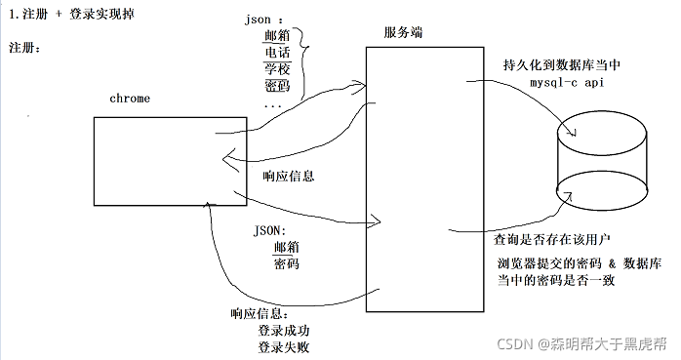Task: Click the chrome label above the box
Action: [x=129, y=99]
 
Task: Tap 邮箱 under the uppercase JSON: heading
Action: [x=286, y=248]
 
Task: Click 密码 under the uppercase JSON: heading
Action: [x=286, y=263]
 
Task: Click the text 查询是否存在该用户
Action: [x=552, y=238]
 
